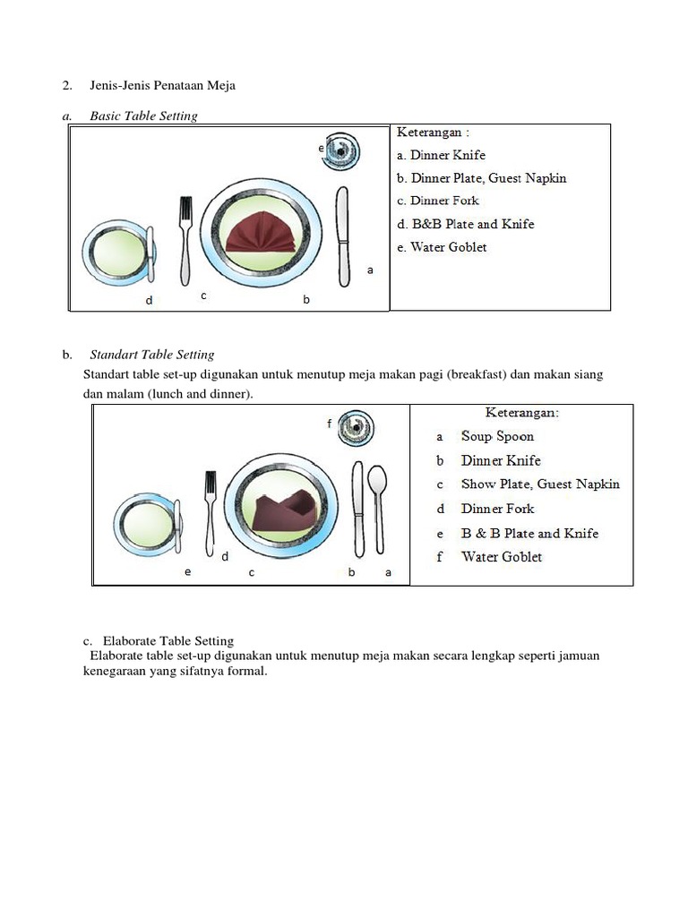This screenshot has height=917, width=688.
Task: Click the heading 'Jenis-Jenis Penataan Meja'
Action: pyautogui.click(x=162, y=86)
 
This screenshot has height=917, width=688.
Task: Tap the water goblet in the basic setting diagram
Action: pyautogui.click(x=342, y=151)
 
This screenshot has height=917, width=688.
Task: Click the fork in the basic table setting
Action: pyautogui.click(x=185, y=237)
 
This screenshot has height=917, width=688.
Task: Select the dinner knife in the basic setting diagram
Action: pyautogui.click(x=343, y=237)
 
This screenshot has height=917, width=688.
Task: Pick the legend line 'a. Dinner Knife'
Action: pyautogui.click(x=441, y=155)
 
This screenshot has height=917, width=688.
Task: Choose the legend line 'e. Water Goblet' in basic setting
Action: pyautogui.click(x=442, y=247)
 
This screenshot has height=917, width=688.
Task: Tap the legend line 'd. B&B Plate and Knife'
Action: pyautogui.click(x=465, y=224)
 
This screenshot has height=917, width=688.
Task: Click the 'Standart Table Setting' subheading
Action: pyautogui.click(x=151, y=355)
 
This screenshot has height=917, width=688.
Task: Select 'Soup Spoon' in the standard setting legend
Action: pyautogui.click(x=497, y=437)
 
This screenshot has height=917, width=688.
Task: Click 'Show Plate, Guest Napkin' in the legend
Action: pyautogui.click(x=540, y=484)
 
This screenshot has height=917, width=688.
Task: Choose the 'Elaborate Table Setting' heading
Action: pyautogui.click(x=168, y=641)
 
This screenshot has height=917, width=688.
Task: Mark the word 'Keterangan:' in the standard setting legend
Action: pyautogui.click(x=522, y=413)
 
